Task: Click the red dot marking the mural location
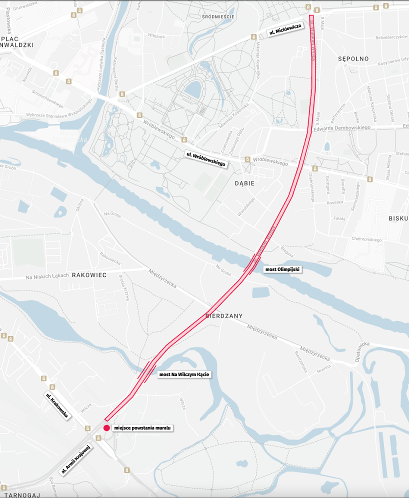click(x=106, y=428)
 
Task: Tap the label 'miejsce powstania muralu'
click(x=143, y=428)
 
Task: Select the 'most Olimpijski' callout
click(x=282, y=269)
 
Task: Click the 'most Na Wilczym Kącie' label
click(x=184, y=374)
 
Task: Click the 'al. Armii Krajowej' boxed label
click(x=76, y=459)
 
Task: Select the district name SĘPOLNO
click(x=353, y=58)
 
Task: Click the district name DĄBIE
click(x=244, y=183)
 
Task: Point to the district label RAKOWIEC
click(x=89, y=275)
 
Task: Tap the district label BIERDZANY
click(x=224, y=316)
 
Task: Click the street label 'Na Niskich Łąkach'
click(x=47, y=276)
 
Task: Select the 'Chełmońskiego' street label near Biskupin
click(x=366, y=239)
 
